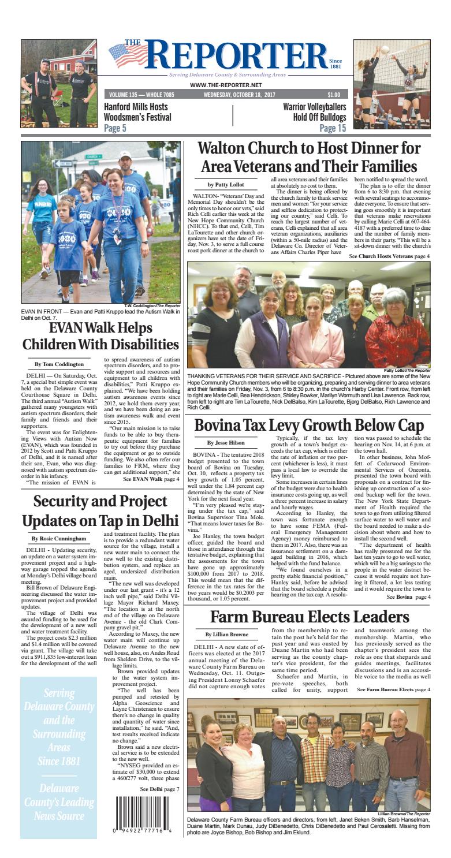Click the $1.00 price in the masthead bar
[333, 95]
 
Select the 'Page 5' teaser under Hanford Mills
[119, 128]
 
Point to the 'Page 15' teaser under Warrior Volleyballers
[333, 128]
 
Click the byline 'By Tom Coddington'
[59, 364]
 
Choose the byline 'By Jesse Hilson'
[226, 443]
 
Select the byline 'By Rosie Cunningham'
[59, 539]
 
